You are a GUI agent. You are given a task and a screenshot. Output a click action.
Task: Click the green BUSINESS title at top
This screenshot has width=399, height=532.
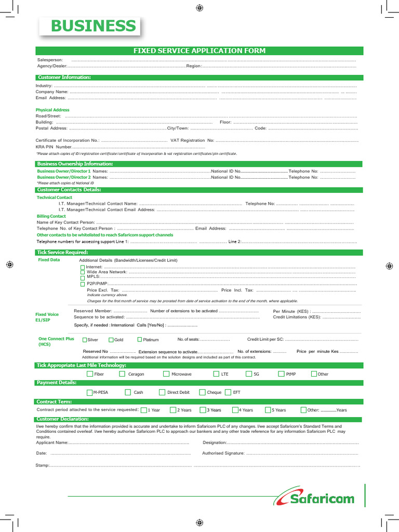[93, 26]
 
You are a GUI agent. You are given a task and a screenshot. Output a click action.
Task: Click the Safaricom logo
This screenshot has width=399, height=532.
[315, 498]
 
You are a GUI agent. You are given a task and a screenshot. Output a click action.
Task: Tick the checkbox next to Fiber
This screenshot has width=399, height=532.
[90, 374]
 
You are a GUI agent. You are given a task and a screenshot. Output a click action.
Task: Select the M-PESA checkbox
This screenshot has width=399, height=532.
[90, 392]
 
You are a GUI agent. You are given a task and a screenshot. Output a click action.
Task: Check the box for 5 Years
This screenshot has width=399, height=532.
[268, 410]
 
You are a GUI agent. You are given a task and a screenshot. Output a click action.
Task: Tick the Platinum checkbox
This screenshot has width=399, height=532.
[139, 340]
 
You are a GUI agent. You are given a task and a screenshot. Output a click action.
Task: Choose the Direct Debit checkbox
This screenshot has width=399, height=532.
[162, 392]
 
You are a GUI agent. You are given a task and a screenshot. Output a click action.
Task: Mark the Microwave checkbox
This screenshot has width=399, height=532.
[166, 374]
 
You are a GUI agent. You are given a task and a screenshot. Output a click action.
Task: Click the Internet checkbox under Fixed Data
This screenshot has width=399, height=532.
[83, 267]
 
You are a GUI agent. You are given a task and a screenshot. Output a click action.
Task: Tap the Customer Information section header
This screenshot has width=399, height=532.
[64, 77]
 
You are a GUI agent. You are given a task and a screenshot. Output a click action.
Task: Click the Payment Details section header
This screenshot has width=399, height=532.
[56, 383]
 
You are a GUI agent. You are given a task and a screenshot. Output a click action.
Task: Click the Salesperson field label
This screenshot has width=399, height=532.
[49, 60]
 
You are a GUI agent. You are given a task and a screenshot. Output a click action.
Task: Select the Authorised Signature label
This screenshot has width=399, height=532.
[223, 453]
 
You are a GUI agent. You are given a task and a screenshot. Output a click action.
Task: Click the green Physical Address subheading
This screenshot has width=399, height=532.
[52, 110]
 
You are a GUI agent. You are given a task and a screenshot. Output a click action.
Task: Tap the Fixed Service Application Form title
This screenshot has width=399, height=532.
[199, 50]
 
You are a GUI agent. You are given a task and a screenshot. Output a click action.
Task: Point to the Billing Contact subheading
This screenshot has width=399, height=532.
[51, 216]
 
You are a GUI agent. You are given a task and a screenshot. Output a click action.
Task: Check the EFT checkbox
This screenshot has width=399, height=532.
[228, 392]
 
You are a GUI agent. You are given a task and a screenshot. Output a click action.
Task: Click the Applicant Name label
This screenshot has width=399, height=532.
[51, 443]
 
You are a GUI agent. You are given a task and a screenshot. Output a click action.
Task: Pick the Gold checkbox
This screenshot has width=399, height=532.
[111, 340]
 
